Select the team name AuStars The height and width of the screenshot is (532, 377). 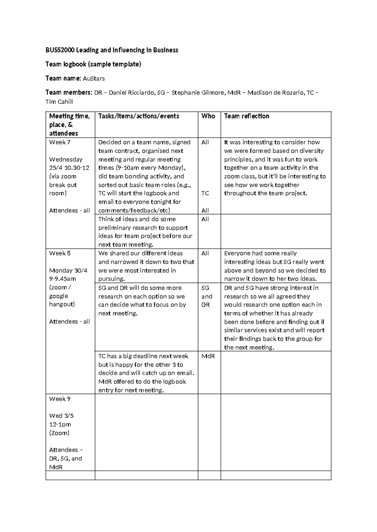(94, 78)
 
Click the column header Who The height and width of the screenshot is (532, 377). (208, 116)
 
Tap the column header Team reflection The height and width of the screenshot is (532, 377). (246, 116)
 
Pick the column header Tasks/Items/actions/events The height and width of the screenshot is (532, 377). (139, 116)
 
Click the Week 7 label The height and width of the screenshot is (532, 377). (60, 142)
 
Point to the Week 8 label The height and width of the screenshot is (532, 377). (60, 253)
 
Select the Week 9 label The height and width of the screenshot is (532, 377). (60, 399)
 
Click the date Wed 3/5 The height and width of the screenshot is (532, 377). (61, 416)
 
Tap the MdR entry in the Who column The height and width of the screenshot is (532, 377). (208, 356)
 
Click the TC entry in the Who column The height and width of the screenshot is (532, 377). (205, 193)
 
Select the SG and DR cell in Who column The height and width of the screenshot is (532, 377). (207, 296)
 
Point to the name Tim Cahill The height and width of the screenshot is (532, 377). (59, 102)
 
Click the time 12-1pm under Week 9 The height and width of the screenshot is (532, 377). (60, 424)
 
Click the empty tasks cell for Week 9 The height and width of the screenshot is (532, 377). (146, 432)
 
